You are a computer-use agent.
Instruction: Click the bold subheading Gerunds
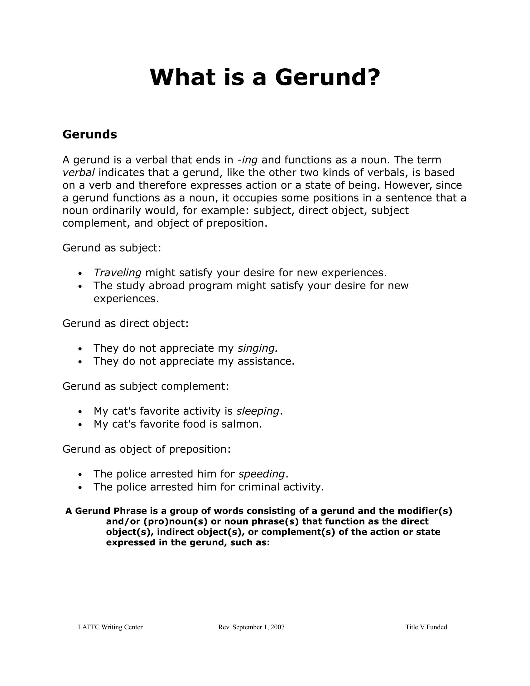coord(90,134)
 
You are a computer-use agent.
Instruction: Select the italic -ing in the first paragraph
coord(248,160)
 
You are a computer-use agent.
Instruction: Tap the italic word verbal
coord(79,172)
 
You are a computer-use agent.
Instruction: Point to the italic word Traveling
coord(118,273)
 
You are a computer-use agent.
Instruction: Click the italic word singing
coord(258,348)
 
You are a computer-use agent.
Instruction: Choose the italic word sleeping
coord(258,411)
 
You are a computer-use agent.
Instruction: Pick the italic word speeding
coord(261,474)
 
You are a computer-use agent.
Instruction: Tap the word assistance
coord(266,361)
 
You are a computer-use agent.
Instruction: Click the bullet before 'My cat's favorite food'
coord(80,425)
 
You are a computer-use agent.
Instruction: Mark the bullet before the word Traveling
coord(80,273)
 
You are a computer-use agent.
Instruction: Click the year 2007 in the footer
coord(277,627)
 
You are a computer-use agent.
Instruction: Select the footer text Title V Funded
coord(426,627)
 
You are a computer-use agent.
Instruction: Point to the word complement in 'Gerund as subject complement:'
coord(195,386)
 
